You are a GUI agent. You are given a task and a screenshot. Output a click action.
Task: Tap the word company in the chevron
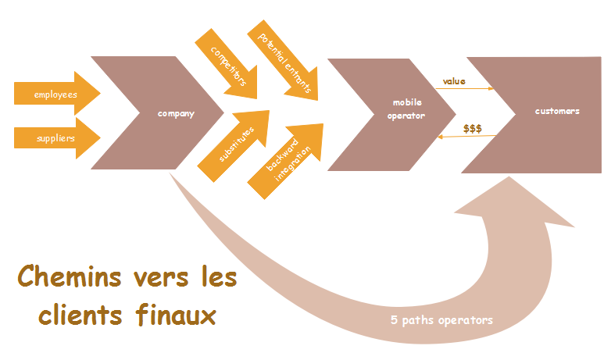(176, 114)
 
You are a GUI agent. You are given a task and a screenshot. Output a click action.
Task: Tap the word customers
(557, 111)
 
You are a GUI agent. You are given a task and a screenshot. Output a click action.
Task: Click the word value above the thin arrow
(454, 80)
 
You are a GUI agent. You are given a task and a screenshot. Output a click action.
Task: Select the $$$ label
(472, 128)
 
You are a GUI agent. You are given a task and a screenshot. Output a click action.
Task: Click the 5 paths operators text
(442, 320)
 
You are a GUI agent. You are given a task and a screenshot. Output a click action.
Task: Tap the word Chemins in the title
(65, 277)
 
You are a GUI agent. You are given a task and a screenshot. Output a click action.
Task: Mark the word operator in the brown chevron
(408, 116)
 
